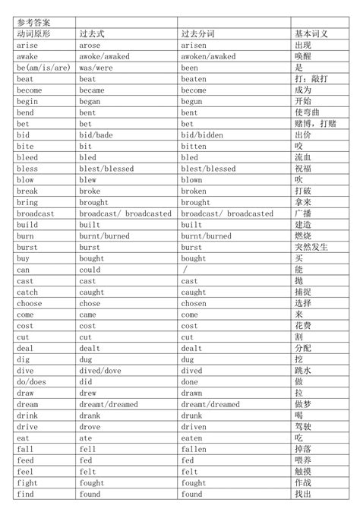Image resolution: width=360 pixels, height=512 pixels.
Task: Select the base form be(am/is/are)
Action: coord(43,68)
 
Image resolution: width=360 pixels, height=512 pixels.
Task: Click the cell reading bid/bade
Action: coord(96,135)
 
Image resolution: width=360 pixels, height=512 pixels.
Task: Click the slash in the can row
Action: coord(185,270)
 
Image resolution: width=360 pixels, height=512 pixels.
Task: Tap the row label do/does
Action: coord(31,382)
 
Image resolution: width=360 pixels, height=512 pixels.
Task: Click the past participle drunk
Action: coord(191,416)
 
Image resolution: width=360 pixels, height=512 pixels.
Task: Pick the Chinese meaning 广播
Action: coord(302,213)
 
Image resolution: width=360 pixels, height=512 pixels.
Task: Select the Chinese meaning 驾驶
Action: coord(302,427)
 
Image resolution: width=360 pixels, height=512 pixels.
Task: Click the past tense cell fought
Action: coord(92,483)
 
